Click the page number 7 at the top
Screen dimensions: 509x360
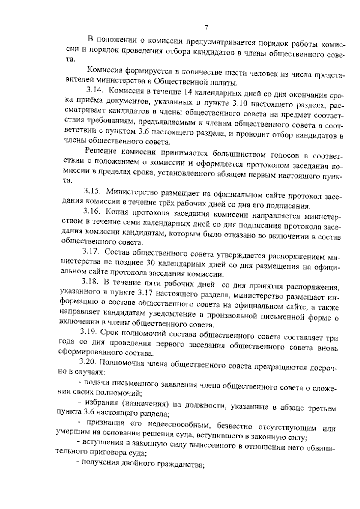[206, 28]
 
